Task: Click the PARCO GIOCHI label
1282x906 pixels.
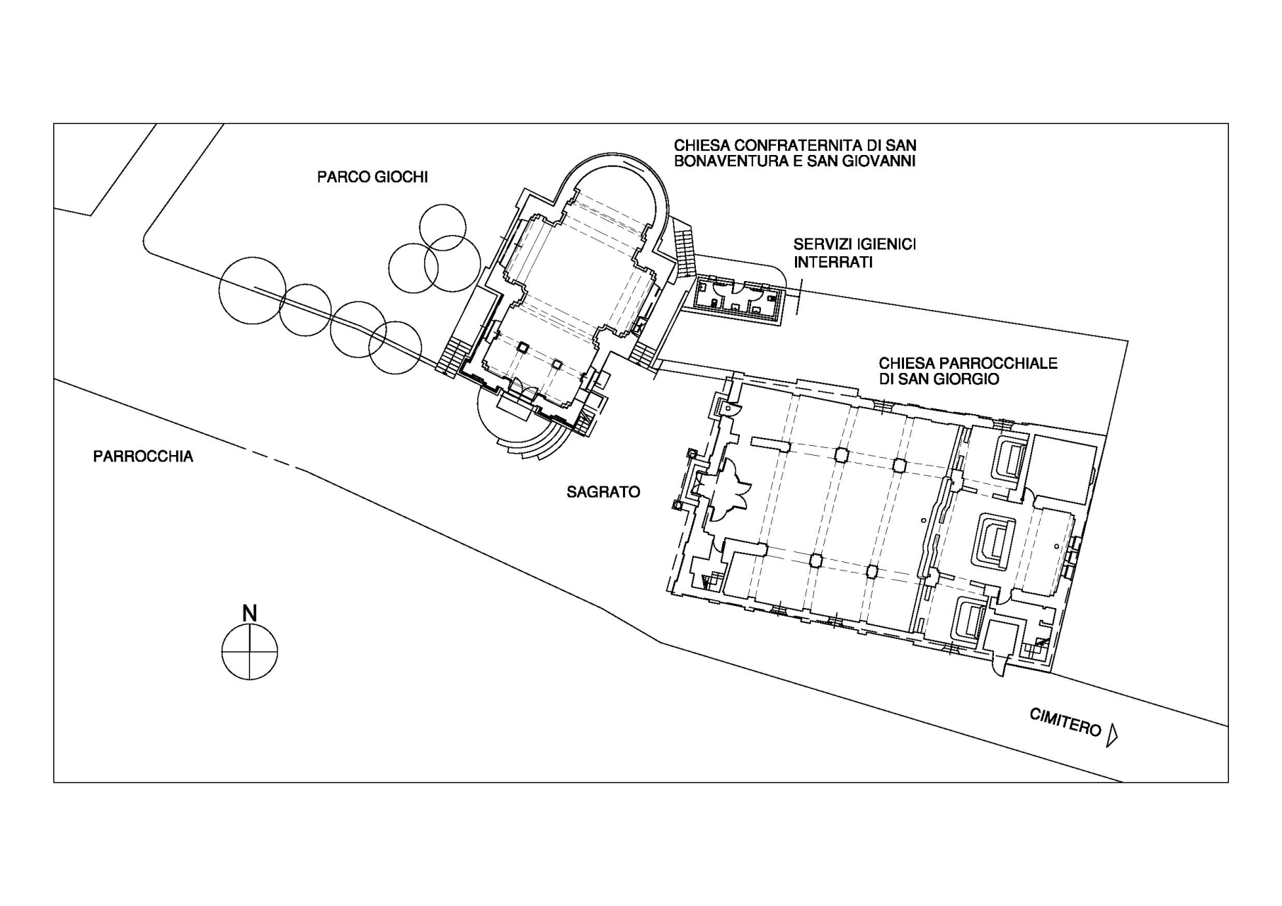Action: click(x=372, y=177)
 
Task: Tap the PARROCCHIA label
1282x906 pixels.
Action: click(x=143, y=457)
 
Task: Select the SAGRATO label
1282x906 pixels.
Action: click(x=603, y=492)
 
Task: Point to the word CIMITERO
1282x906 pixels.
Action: click(x=1065, y=722)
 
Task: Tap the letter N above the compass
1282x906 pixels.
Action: click(x=249, y=613)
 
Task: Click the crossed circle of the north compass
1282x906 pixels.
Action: click(x=249, y=652)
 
